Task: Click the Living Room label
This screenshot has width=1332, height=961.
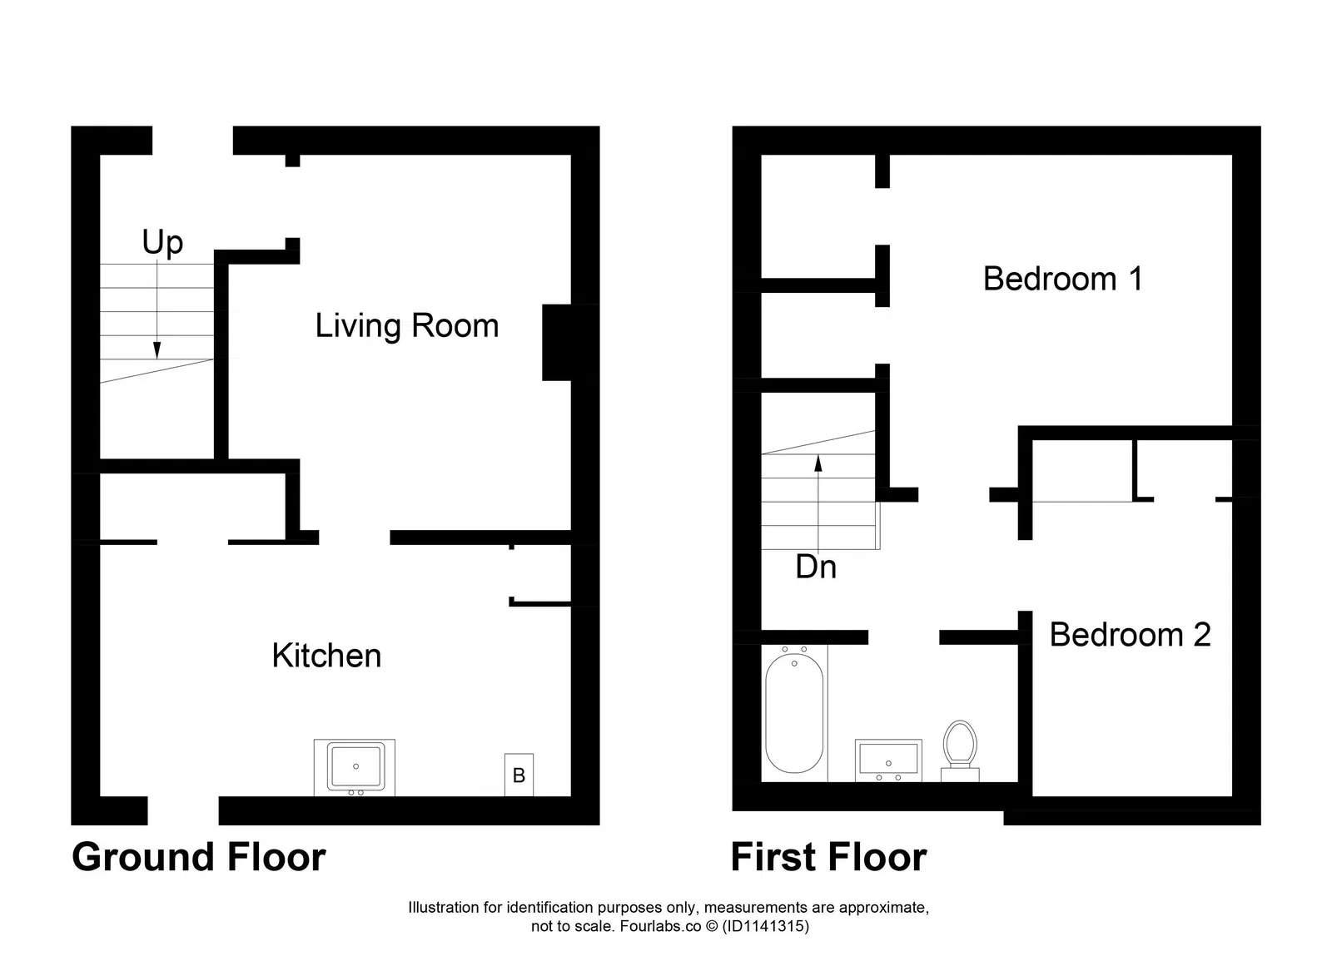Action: [x=406, y=326]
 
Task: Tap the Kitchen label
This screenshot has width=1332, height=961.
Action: [x=326, y=656]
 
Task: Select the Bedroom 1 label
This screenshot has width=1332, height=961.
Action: [x=1062, y=279]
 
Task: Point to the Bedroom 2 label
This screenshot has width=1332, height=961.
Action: [x=1129, y=635]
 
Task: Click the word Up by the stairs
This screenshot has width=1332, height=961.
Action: [x=162, y=243]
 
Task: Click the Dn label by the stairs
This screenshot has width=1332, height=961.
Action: [x=815, y=567]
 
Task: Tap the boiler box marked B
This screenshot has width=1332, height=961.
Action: [x=519, y=775]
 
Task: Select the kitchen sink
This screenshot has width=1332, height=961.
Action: [x=355, y=767]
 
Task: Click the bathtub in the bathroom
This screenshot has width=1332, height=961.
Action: [x=794, y=713]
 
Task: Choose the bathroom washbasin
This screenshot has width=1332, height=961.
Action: [x=888, y=760]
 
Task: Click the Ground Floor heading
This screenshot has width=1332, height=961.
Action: [x=198, y=857]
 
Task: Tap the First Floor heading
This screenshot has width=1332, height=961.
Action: [x=828, y=857]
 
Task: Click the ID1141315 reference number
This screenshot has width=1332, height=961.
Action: [x=765, y=925]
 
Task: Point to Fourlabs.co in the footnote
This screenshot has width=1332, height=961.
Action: [x=660, y=925]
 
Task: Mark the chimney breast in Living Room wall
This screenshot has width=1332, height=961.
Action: [x=557, y=342]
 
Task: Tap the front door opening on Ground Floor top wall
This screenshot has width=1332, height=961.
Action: [x=192, y=141]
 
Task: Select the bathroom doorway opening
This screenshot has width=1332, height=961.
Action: [x=903, y=637]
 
